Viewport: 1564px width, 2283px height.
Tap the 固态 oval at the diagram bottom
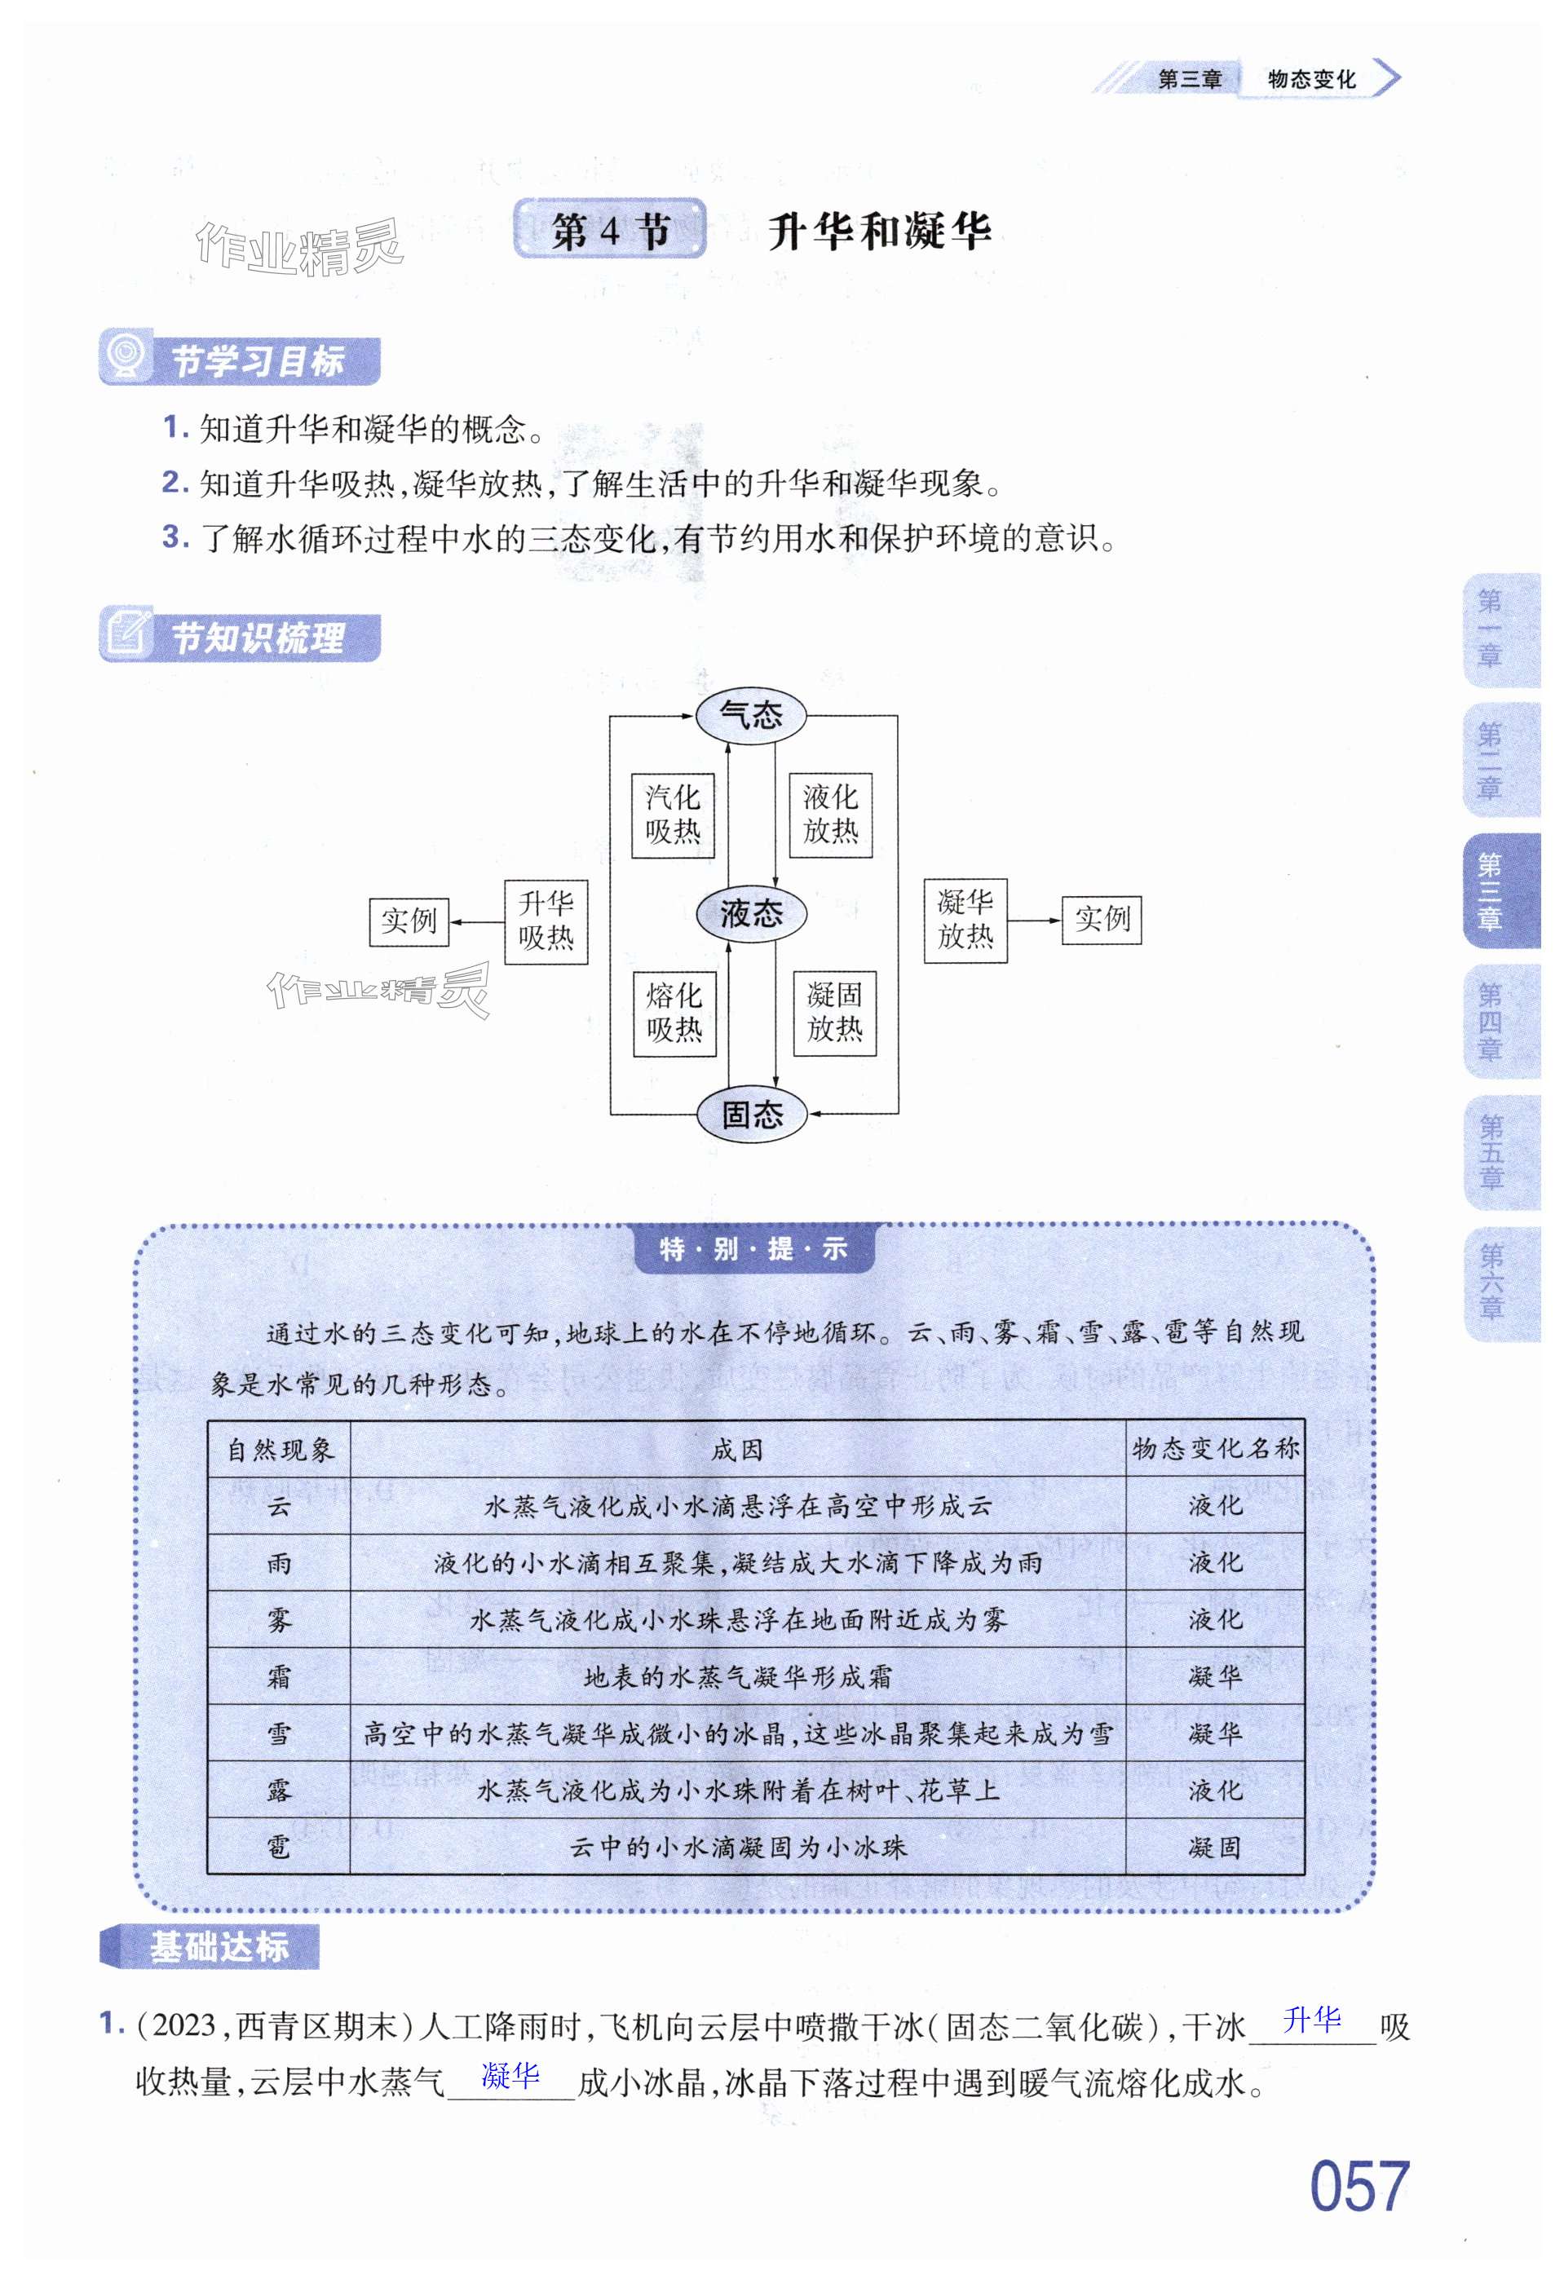[x=752, y=1114]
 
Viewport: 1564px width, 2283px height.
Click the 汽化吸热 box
[x=673, y=815]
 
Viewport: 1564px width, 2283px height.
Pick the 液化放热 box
[x=830, y=815]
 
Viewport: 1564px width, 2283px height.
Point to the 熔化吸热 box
[x=674, y=1013]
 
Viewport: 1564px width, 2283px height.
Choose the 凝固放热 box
[x=834, y=1013]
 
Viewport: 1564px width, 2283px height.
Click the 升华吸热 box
[x=546, y=921]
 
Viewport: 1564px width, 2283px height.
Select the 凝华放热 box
[x=965, y=921]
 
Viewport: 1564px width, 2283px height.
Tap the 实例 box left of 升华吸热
[x=409, y=921]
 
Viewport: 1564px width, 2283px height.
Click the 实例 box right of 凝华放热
[x=1102, y=920]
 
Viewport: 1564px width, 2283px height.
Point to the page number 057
[x=1359, y=2187]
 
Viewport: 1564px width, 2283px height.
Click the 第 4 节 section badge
[x=610, y=230]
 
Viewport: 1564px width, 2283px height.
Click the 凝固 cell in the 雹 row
[x=1214, y=1848]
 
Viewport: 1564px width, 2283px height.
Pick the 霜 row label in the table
[x=279, y=1677]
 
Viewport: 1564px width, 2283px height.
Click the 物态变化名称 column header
[x=1214, y=1449]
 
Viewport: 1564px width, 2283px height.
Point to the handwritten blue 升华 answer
[x=1311, y=2020]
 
